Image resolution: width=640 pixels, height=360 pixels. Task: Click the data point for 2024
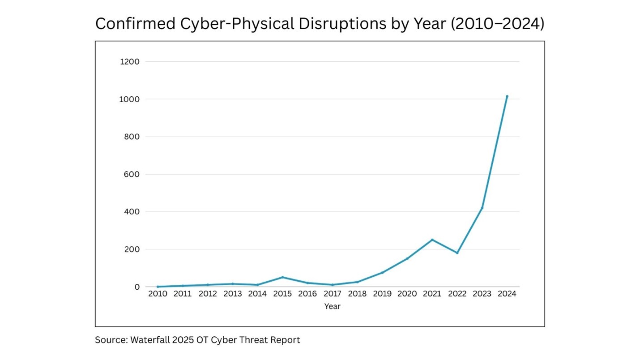[x=507, y=96]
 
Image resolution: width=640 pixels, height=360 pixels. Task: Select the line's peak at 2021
[x=432, y=240]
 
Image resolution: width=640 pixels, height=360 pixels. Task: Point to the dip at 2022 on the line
[x=457, y=253]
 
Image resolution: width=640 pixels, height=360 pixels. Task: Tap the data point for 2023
[x=482, y=208]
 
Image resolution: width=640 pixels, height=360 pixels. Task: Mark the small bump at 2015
[x=282, y=277]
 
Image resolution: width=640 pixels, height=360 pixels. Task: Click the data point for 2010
[x=158, y=287]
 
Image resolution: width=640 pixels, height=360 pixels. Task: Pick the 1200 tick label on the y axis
[x=130, y=61]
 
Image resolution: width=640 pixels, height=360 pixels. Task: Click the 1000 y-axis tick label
[x=130, y=99]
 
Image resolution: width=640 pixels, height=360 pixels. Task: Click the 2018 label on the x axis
[x=357, y=294]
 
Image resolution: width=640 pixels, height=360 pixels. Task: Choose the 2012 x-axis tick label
[x=208, y=294]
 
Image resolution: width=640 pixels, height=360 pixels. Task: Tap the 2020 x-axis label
[x=407, y=294]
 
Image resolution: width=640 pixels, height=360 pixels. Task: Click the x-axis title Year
[x=332, y=307]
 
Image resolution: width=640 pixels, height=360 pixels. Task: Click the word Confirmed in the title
[x=136, y=24]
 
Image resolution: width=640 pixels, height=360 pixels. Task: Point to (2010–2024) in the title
[x=497, y=24]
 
